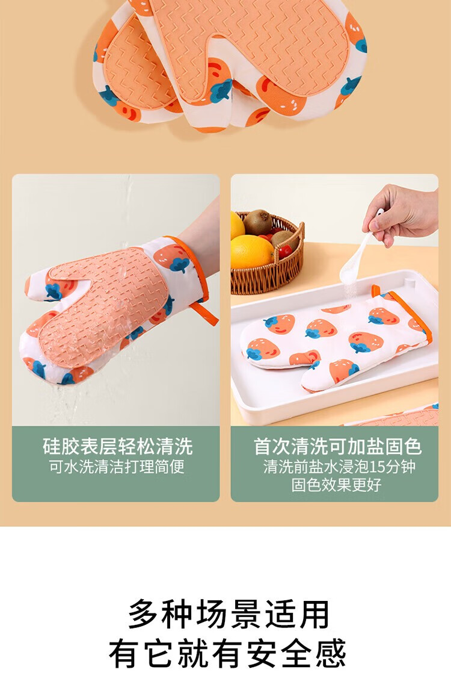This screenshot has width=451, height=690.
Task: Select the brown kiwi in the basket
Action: [x=257, y=222]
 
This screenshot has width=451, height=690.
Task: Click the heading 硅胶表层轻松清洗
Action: [x=118, y=446]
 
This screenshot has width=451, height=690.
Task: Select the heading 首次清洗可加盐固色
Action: [x=337, y=446]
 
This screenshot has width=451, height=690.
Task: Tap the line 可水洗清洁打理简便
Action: [x=116, y=467]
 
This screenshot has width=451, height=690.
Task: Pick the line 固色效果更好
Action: [x=336, y=485]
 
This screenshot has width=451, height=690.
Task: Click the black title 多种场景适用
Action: [x=229, y=614]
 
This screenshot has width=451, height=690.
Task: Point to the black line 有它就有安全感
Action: [x=227, y=653]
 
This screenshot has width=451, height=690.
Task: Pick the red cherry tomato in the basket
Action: [x=285, y=251]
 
